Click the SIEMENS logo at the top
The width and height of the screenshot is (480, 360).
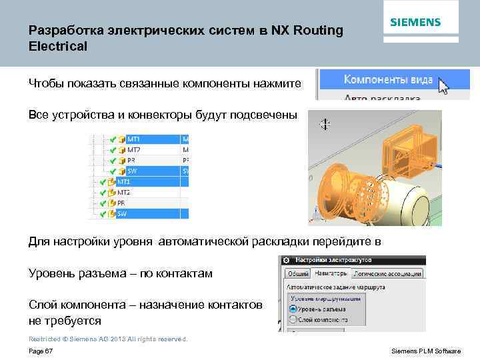pos(415,22)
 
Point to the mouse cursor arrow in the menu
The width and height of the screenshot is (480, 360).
pos(444,85)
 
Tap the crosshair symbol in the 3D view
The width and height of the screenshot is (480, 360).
pos(325,123)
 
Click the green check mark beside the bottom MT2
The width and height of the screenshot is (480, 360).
pos(103,193)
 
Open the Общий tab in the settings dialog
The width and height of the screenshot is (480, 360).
pos(298,273)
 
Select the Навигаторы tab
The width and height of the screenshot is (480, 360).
pos(331,273)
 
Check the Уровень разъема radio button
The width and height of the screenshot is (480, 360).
pos(293,309)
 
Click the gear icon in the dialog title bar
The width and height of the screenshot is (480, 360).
pos(285,260)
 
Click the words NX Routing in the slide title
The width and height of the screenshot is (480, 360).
pos(307,31)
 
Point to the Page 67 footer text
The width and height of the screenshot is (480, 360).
pos(41,351)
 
